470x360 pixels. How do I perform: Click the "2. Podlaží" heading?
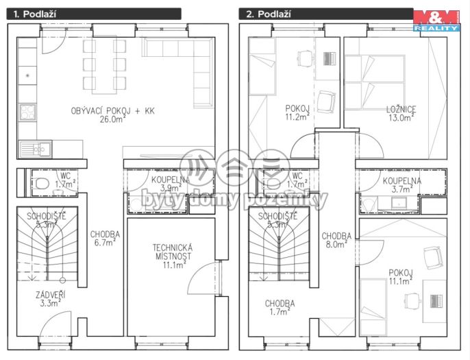[269, 14]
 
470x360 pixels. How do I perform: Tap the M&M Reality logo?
[436, 21]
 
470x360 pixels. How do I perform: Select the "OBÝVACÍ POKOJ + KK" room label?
[112, 111]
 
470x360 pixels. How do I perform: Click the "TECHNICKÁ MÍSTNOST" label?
[173, 252]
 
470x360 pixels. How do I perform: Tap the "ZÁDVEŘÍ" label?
[50, 295]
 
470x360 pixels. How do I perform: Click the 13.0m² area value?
[401, 118]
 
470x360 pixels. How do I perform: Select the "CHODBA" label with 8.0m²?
[336, 237]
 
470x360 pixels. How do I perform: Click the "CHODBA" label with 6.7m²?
[106, 235]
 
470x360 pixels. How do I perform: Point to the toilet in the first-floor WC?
[41, 183]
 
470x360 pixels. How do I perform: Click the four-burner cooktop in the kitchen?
[27, 112]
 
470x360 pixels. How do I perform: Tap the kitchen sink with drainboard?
[35, 149]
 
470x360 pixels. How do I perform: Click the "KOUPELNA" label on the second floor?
[402, 181]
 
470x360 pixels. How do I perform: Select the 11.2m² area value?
[297, 117]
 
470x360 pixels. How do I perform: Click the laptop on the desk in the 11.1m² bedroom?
[436, 302]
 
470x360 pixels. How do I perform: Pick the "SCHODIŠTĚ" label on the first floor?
[47, 216]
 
